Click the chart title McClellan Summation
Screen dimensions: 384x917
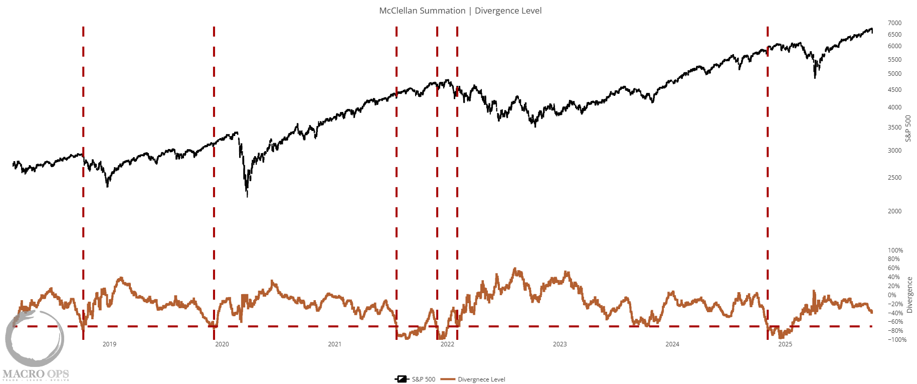click(422, 11)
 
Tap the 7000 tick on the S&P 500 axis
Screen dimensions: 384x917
click(894, 23)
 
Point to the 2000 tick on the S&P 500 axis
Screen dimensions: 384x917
click(894, 211)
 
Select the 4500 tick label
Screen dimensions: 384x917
click(894, 90)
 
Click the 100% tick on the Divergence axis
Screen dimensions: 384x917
click(895, 250)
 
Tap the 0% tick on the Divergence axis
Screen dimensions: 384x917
click(892, 295)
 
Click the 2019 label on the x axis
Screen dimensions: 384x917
click(109, 344)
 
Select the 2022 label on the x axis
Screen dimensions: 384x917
click(447, 344)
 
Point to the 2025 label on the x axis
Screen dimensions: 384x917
click(785, 344)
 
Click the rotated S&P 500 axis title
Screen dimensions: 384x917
click(908, 129)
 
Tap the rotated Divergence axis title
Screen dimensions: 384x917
click(909, 295)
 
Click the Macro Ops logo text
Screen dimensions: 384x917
click(36, 374)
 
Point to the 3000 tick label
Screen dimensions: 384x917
click(894, 151)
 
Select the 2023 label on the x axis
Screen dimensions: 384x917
click(560, 344)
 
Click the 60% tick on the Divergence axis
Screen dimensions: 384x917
click(893, 268)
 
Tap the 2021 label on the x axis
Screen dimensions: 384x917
click(334, 344)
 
